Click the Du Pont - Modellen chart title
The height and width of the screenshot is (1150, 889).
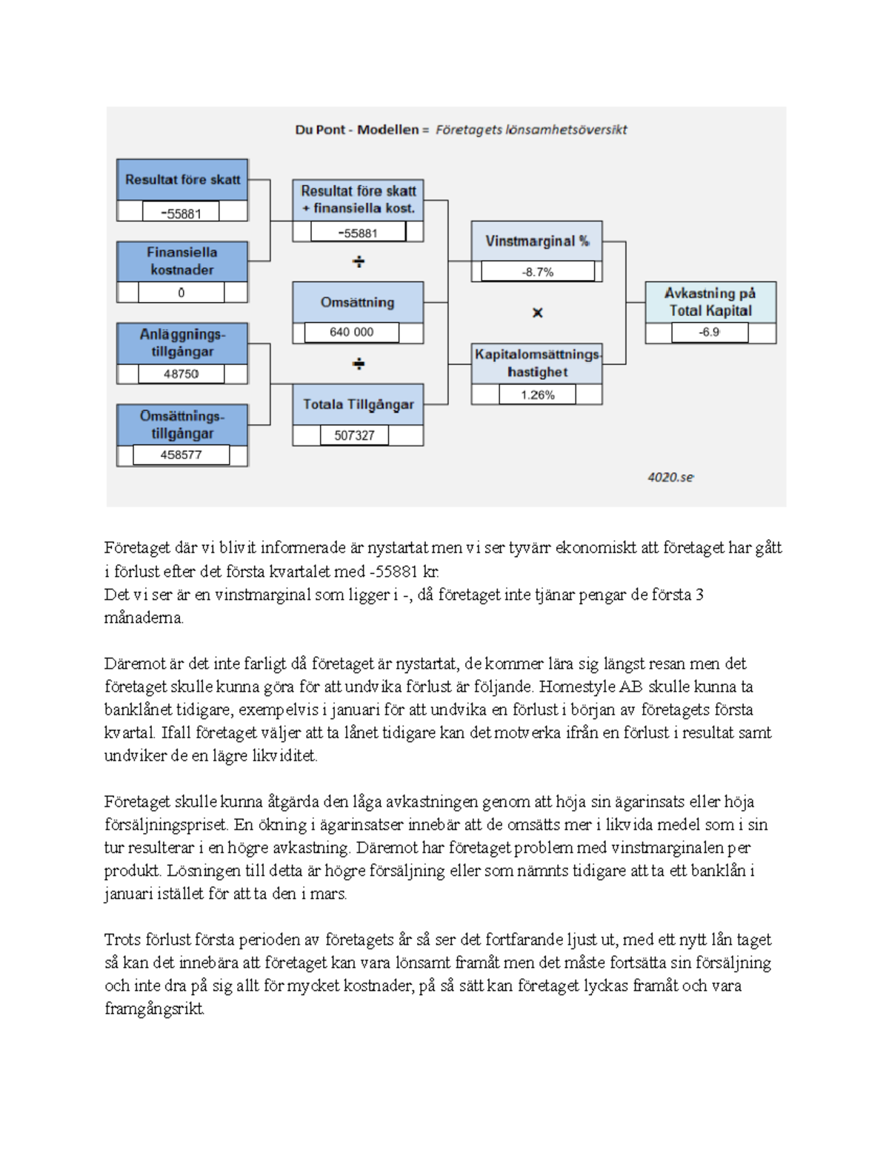coord(461,130)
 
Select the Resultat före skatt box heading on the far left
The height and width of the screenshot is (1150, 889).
coord(182,179)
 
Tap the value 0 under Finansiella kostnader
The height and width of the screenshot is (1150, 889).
coord(181,292)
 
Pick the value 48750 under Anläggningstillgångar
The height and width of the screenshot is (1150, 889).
coord(181,374)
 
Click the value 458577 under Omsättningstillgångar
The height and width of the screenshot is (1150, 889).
coord(181,455)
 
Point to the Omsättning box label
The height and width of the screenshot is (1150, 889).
coord(357,302)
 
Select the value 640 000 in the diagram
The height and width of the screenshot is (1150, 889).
coord(351,332)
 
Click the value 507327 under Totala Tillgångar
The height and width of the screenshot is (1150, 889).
coord(354,435)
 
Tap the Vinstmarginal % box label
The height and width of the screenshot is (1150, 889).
coord(537,241)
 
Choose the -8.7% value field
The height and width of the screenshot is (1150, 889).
coord(537,272)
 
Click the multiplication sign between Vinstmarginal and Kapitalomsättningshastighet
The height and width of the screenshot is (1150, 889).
coord(538,312)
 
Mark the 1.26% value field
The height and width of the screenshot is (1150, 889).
coord(537,395)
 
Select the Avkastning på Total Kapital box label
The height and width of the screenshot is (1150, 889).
coord(710,302)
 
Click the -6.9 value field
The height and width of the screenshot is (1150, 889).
coord(709,332)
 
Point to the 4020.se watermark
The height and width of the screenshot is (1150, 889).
coord(670,478)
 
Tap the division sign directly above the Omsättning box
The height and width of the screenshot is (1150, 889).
coord(359,262)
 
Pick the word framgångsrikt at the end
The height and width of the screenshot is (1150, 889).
coord(153,1009)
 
